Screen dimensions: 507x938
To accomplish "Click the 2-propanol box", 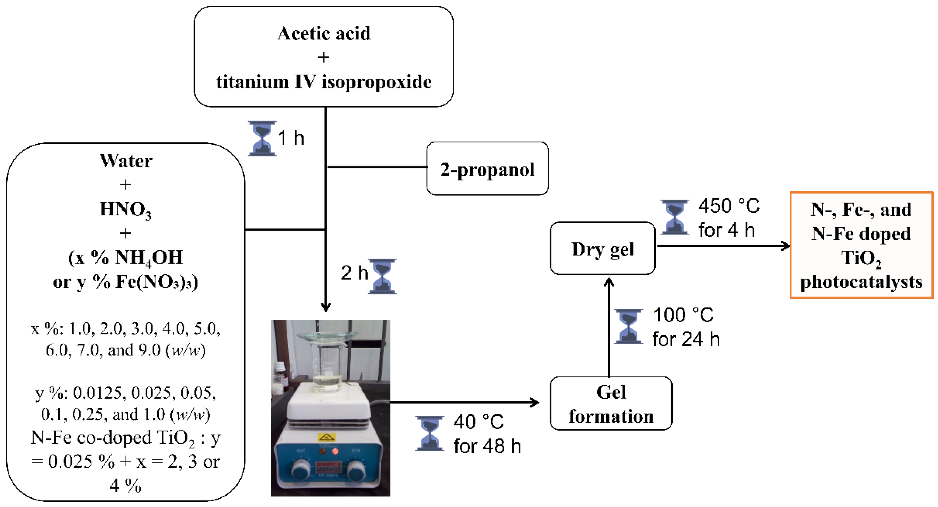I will point(487,169).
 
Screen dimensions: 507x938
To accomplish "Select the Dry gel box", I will point(603,249).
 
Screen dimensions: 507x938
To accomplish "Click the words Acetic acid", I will point(324,34).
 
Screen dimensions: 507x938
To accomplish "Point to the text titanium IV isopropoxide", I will point(324,82).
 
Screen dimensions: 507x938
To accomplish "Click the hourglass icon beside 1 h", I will point(262,138).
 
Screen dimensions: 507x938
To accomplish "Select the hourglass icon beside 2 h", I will point(382,276).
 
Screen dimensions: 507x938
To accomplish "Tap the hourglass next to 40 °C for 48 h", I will point(430,433).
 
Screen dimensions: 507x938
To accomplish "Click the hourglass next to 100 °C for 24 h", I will point(628,326).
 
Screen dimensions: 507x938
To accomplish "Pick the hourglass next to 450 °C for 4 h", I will point(674,217).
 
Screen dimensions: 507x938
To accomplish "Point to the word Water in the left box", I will point(126,161).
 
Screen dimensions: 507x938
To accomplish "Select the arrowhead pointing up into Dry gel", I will point(609,282).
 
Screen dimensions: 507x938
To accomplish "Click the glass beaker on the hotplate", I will point(327,368).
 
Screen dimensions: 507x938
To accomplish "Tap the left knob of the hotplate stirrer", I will point(301,470).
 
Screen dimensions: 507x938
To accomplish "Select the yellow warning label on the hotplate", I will point(326,437).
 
